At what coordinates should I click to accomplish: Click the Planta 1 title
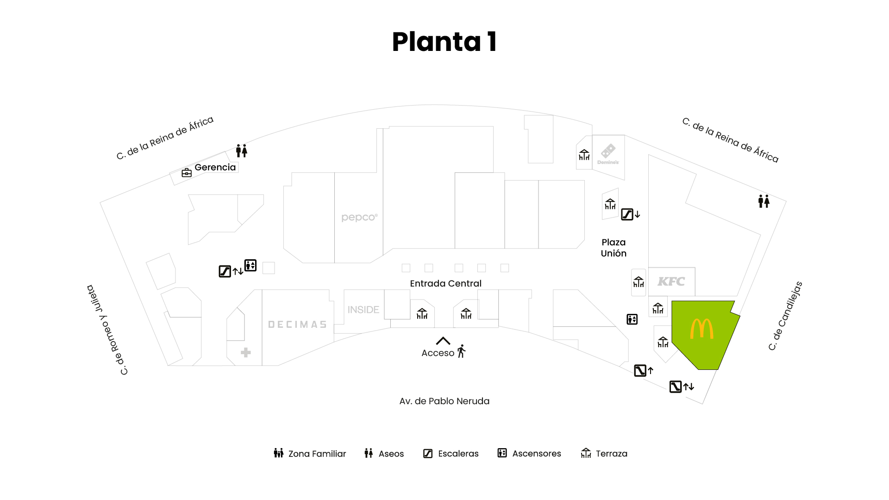coord(444,42)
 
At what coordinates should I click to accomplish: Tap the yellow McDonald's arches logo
coord(701,329)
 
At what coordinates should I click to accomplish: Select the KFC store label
coord(671,281)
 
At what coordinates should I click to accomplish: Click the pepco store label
coord(359,217)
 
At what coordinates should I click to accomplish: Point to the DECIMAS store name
coord(297,325)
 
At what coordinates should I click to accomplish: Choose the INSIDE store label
coord(363,310)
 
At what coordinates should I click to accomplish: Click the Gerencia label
coord(215,167)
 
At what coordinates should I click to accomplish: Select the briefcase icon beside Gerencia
coord(187,173)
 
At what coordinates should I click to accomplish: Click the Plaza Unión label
coord(614,248)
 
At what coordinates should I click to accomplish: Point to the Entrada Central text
coord(445,283)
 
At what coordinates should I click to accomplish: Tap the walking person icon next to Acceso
coord(461,351)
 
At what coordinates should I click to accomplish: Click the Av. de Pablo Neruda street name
coord(444,401)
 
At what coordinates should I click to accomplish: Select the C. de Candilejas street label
coord(785,316)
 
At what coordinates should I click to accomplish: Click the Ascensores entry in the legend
coord(529,453)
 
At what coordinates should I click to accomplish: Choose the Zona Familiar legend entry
coord(310,453)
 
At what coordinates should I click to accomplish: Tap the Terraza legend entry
coord(604,453)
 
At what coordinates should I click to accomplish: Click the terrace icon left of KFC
coord(639,282)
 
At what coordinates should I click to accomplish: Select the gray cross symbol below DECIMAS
coord(246,353)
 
